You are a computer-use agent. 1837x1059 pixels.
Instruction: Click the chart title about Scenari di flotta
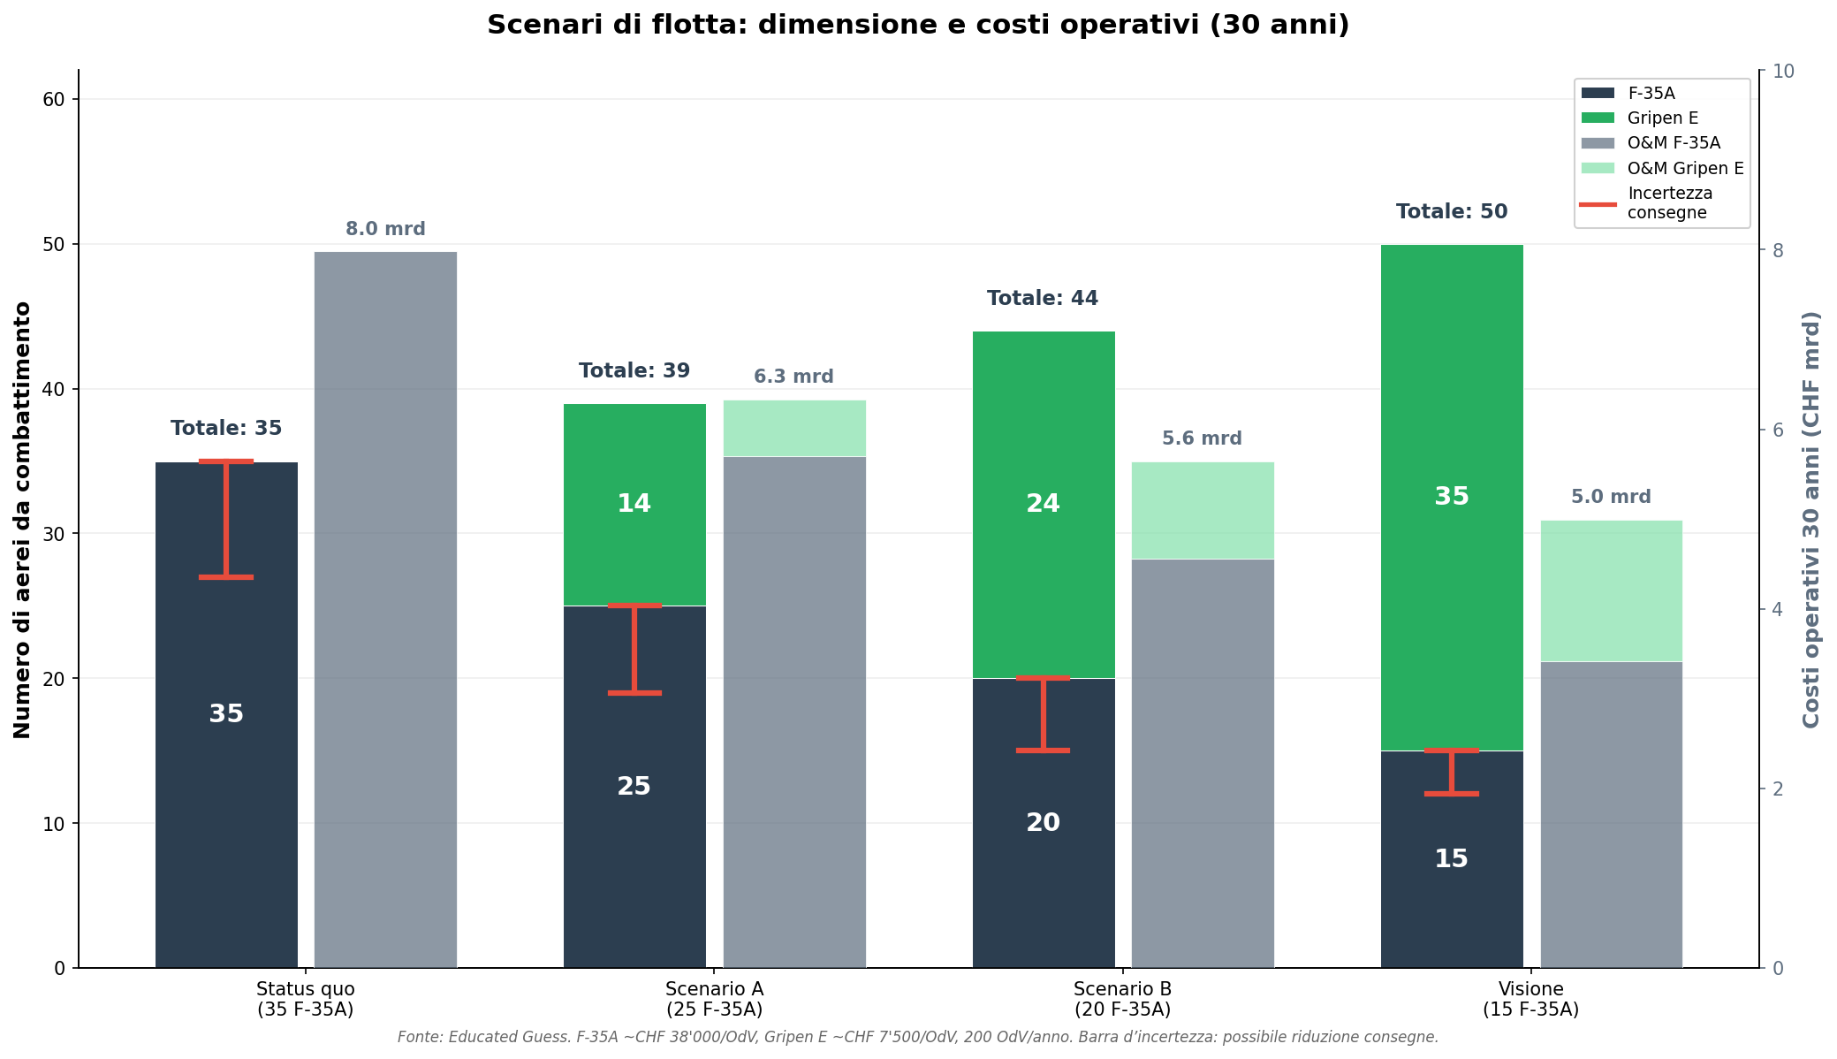pos(918,25)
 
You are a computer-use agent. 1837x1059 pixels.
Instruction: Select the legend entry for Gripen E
pos(1662,118)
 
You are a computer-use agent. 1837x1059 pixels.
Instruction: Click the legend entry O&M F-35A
pos(1673,143)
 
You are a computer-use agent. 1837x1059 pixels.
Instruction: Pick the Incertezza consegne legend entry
pos(1669,203)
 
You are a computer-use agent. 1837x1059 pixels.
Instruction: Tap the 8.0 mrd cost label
pos(385,230)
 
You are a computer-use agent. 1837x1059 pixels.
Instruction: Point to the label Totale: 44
pos(1043,299)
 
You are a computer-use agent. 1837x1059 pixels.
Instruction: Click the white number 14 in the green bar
pos(634,504)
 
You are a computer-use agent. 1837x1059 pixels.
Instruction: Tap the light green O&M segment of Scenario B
pos(1202,510)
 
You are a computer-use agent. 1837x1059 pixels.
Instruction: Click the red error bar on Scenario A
pos(634,650)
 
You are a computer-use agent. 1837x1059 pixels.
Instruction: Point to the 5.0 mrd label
pos(1611,498)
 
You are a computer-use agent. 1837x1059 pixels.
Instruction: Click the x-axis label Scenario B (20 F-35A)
pos(1122,999)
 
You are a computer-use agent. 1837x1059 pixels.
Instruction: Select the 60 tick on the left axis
pos(54,100)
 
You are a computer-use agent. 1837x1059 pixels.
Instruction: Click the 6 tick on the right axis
pos(1778,430)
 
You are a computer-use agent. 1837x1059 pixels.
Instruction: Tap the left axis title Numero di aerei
pos(23,520)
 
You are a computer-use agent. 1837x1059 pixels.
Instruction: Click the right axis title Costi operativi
pos(1811,520)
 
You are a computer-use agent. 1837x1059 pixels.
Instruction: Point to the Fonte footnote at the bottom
pos(918,1038)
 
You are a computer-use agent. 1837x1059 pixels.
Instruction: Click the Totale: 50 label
pos(1451,212)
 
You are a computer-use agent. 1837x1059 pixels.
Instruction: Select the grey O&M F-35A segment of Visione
pos(1611,813)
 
